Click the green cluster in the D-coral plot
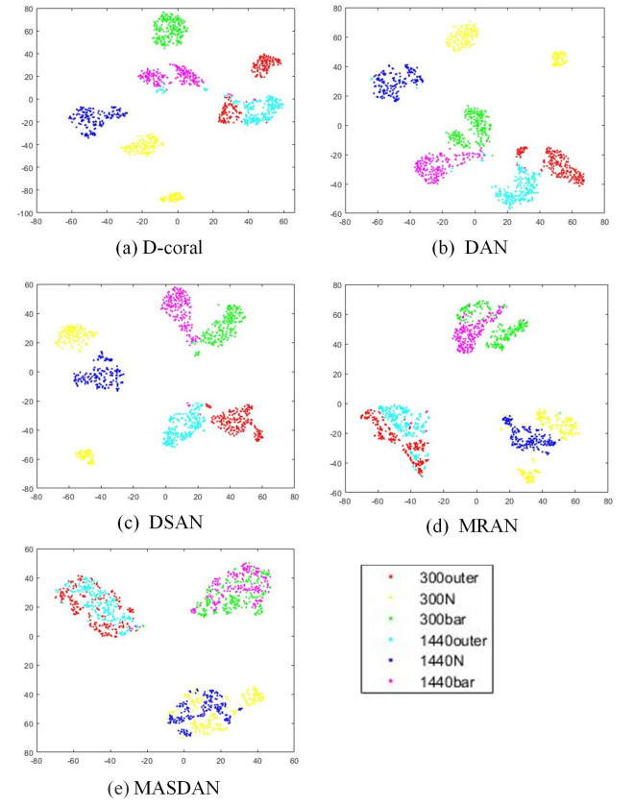point(170,30)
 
